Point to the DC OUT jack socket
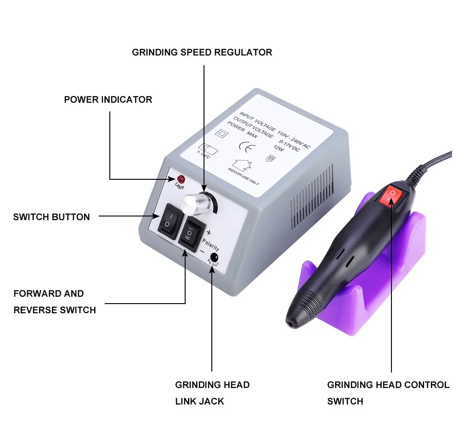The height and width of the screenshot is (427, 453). coord(213,257)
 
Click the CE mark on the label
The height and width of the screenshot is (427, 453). coord(245,147)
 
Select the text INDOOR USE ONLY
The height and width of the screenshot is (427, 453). coord(243,176)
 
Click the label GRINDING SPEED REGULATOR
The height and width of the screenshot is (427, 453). coord(202,52)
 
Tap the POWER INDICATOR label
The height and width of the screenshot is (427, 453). coord(108,100)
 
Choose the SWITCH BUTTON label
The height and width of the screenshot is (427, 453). coord(51,217)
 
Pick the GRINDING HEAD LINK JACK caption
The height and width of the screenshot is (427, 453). coord(212,393)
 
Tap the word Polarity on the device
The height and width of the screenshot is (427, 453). coord(210,241)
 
